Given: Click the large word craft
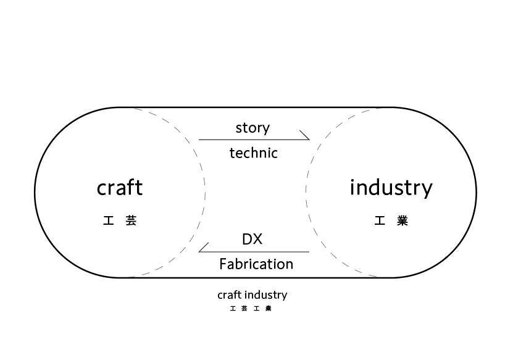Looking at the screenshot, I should [120, 187].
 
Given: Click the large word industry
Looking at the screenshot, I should [391, 187].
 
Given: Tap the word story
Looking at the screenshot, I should [252, 128].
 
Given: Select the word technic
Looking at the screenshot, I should [253, 153].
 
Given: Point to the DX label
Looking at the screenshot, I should [252, 239].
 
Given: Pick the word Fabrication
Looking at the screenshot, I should [256, 264].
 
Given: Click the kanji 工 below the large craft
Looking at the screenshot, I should [109, 220].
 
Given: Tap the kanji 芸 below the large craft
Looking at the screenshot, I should [131, 220].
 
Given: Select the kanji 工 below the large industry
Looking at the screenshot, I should [380, 220].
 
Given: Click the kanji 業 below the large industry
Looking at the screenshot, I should [402, 220].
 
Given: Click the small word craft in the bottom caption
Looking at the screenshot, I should [229, 295].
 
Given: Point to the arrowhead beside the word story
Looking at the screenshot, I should [304, 135].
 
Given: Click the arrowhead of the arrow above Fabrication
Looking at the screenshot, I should [203, 247].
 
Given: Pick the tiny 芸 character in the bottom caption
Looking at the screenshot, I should [244, 308].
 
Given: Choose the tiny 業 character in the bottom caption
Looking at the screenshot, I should [268, 308].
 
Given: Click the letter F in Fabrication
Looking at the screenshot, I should [223, 264].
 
